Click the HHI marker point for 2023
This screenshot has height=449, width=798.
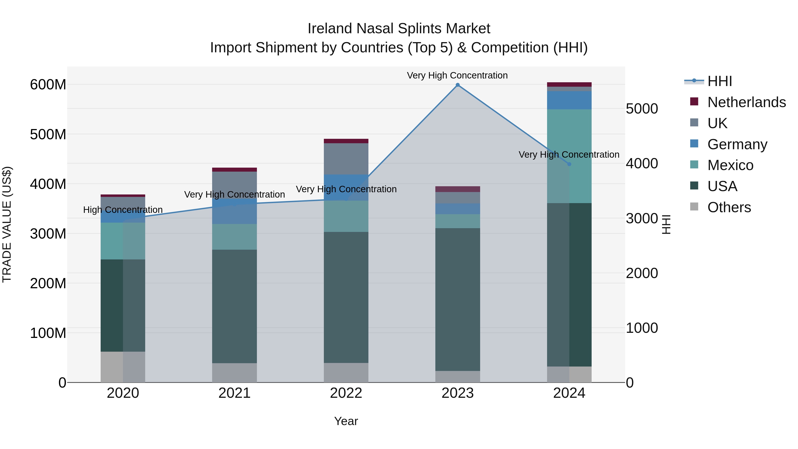pos(458,85)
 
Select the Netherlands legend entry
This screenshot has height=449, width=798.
pos(746,102)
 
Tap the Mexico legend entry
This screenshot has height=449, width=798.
pos(730,165)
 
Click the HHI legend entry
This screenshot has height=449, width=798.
pos(719,81)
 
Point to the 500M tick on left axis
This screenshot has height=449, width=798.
pos(48,135)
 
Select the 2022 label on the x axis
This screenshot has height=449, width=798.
pos(346,393)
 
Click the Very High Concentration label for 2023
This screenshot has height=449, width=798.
pos(457,75)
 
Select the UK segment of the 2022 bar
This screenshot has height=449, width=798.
pos(346,159)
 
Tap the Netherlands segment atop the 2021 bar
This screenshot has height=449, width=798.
pos(235,169)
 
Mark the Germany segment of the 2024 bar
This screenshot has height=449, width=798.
pos(569,100)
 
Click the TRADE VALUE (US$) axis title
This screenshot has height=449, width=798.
pos(7,224)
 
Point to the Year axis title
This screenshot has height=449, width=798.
pos(346,421)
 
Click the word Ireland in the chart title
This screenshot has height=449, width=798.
pos(330,29)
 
